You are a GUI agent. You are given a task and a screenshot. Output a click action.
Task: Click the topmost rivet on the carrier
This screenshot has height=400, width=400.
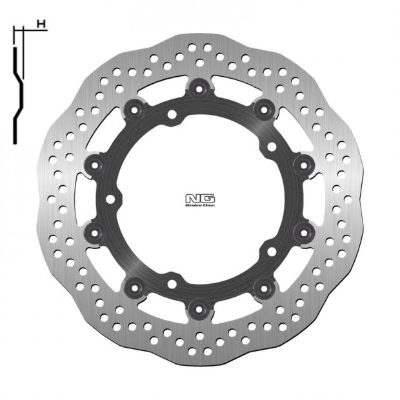point(199,86)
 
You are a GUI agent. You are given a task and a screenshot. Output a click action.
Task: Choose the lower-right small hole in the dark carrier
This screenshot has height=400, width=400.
point(270,252)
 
